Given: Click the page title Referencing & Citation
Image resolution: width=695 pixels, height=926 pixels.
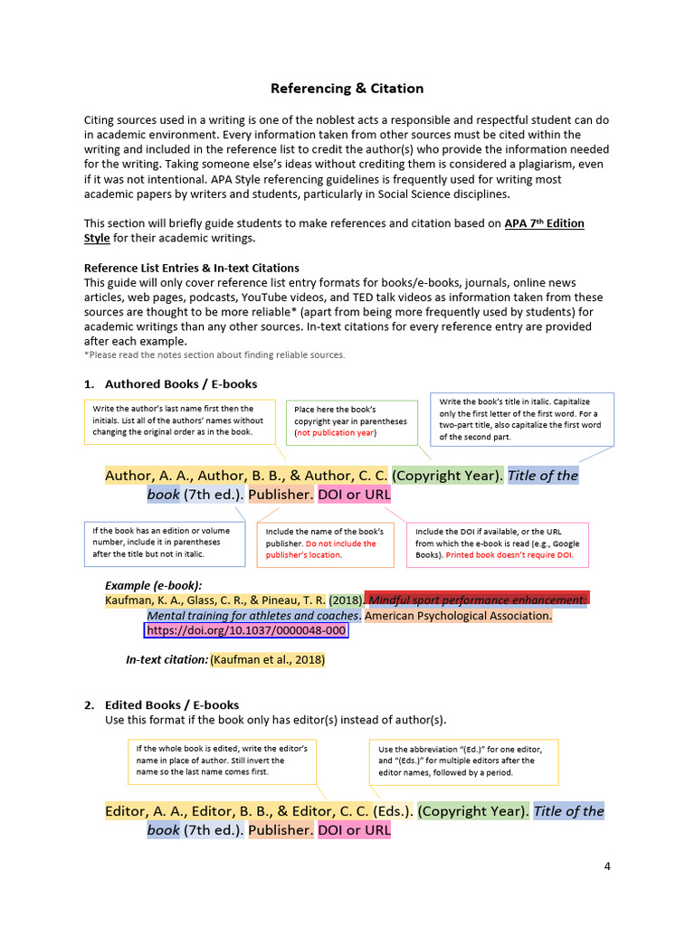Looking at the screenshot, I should click(347, 89).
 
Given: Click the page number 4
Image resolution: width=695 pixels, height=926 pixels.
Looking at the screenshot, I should click(607, 866).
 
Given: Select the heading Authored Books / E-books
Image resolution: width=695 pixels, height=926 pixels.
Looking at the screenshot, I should click(181, 384).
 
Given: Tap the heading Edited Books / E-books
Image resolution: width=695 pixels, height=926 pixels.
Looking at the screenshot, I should click(172, 705).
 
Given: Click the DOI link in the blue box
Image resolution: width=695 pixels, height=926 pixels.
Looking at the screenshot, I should click(245, 630).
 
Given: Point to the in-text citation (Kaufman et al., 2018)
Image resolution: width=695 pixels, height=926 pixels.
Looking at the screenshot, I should click(267, 660).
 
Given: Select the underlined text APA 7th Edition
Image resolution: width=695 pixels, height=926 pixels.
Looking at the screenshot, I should click(544, 223).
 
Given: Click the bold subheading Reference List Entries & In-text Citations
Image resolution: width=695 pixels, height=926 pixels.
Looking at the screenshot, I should click(191, 269).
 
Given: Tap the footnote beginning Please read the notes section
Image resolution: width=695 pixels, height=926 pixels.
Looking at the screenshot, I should click(214, 355).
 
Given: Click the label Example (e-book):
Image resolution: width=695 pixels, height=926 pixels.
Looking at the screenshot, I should click(153, 585).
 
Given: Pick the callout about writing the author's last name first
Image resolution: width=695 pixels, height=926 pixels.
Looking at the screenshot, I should click(179, 420).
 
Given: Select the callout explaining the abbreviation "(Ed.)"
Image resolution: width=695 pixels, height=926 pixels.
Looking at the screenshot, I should click(463, 761).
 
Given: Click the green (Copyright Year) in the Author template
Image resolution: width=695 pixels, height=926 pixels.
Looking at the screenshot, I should click(447, 476).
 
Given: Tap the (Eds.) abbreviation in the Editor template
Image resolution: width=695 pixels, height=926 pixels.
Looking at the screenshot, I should click(394, 811).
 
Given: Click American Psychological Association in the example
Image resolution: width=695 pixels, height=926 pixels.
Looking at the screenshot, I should click(458, 616).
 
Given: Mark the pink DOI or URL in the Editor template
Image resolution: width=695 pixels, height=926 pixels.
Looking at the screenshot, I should click(354, 830).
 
